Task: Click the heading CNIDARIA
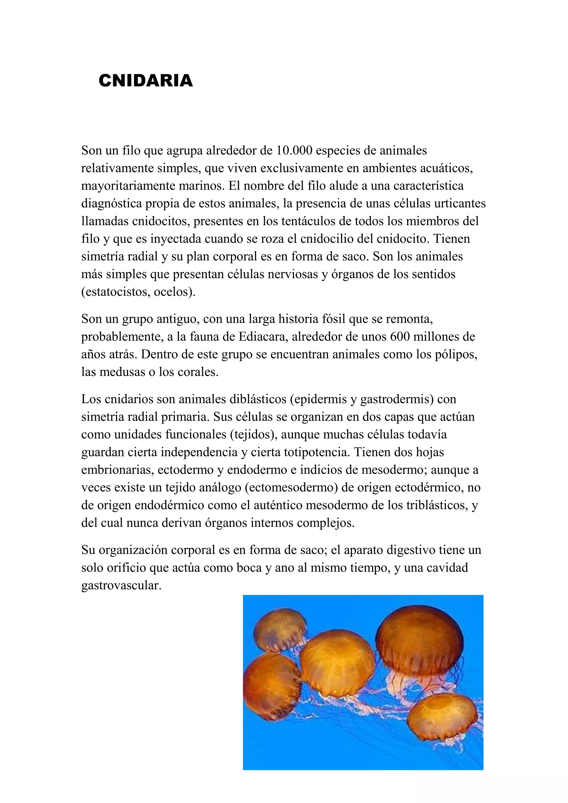pos(146,80)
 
